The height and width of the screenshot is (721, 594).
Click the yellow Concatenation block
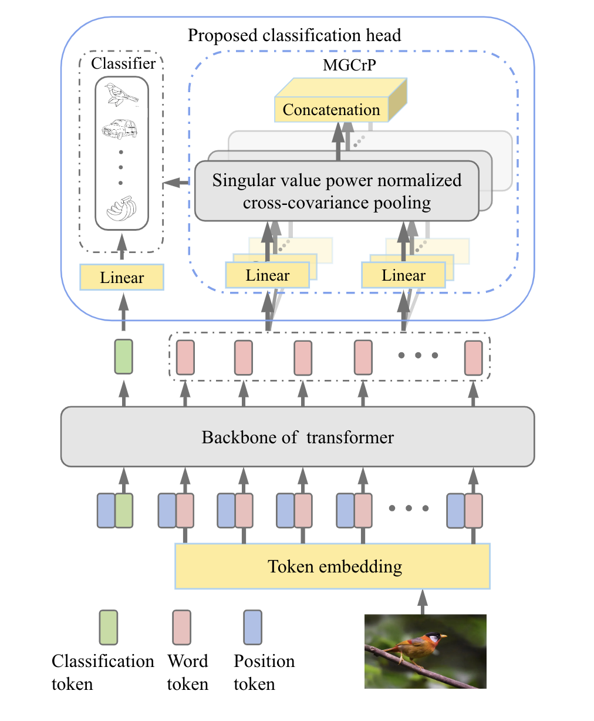(332, 110)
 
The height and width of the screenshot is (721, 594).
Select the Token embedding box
(332, 567)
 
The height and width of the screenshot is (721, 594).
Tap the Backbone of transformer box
(298, 437)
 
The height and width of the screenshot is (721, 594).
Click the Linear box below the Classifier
(122, 278)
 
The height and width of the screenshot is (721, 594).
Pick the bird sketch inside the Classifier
(121, 95)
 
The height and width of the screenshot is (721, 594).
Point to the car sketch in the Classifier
(120, 129)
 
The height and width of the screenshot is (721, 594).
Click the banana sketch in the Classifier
(122, 208)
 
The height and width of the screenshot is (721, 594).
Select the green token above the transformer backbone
(123, 356)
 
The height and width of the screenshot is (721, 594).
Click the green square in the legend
(108, 627)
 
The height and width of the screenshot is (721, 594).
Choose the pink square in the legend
(181, 627)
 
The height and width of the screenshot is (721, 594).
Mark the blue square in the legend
(252, 627)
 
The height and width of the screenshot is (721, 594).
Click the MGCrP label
(349, 65)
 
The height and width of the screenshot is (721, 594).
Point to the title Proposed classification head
(294, 35)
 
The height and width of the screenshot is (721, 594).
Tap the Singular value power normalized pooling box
(336, 191)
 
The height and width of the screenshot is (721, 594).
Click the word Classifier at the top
(123, 63)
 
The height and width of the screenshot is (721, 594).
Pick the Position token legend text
(264, 672)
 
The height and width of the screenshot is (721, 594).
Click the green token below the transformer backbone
(124, 510)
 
